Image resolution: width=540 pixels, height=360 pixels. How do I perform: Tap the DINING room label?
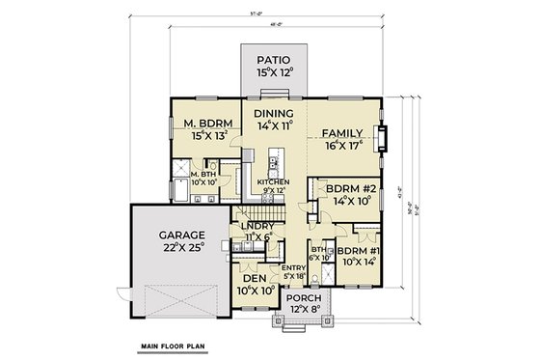click(x=271, y=113)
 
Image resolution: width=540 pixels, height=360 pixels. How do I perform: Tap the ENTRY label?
click(x=294, y=267)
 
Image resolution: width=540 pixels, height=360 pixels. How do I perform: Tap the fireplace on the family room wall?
click(x=384, y=141)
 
